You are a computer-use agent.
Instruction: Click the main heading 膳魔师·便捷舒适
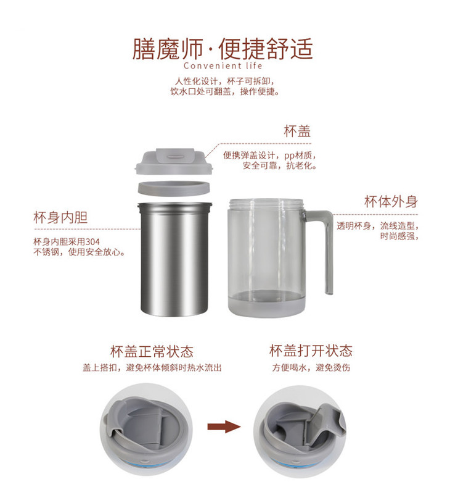tap(223, 49)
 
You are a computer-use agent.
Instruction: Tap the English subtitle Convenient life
tap(223, 66)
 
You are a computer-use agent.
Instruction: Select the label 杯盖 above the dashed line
tap(297, 131)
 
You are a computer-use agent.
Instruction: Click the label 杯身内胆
tap(60, 217)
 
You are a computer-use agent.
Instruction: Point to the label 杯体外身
tap(391, 202)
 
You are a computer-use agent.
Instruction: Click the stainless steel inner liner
tap(175, 259)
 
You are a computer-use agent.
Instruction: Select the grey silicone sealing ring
tap(174, 188)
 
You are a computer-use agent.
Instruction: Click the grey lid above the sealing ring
tap(174, 161)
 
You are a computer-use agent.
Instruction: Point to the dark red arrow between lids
tap(224, 427)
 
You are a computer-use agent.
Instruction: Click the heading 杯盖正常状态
tap(152, 351)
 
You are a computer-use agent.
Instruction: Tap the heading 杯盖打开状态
tap(311, 351)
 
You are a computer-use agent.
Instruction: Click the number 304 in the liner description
tap(92, 241)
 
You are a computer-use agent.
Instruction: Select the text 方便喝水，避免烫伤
tap(311, 368)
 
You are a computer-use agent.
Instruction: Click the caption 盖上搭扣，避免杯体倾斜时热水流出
tap(152, 368)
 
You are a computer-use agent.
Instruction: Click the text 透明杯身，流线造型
tap(378, 226)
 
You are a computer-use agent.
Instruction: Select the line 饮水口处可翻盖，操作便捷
tap(224, 91)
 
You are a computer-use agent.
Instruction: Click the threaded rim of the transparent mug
tap(266, 204)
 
